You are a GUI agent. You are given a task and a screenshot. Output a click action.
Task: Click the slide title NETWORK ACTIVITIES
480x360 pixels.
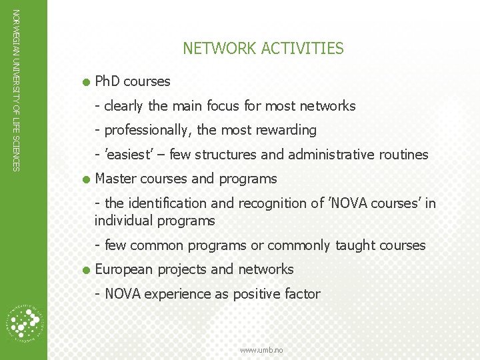coord(263,49)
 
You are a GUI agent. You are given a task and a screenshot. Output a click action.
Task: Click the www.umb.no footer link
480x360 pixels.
coord(262,350)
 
